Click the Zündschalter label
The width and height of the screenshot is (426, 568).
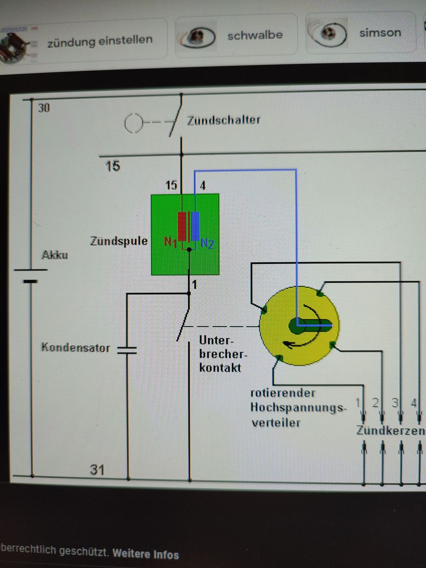tap(223, 120)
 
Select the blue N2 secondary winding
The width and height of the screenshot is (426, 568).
tap(195, 226)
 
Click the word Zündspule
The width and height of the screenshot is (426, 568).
tap(119, 241)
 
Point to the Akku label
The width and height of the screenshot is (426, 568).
tap(55, 255)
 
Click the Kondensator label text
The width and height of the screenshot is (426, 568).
tap(76, 347)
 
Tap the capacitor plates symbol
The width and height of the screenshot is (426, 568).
tap(127, 350)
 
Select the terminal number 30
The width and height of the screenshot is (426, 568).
tap(44, 108)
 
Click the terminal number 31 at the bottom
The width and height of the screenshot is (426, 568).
tap(98, 470)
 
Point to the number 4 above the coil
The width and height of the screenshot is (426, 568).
tap(203, 186)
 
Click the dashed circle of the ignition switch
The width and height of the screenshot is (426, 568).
tap(133, 124)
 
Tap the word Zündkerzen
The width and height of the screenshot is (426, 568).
tap(390, 431)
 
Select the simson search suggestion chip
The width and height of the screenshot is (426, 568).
tap(363, 33)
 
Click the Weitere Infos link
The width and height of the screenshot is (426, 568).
tap(146, 554)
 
